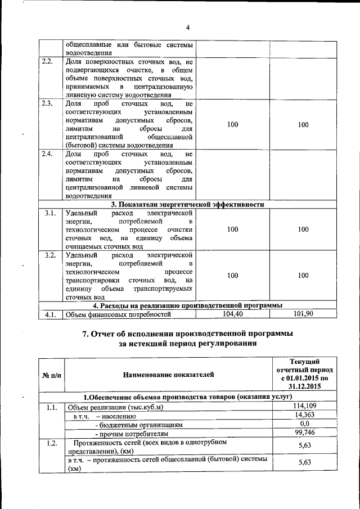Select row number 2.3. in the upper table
point(48,103)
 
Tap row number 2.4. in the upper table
point(48,154)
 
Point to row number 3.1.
point(49,213)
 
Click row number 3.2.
point(49,255)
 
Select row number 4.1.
point(49,314)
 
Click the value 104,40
point(232,313)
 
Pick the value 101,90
point(303,313)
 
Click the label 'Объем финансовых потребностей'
point(118,314)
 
